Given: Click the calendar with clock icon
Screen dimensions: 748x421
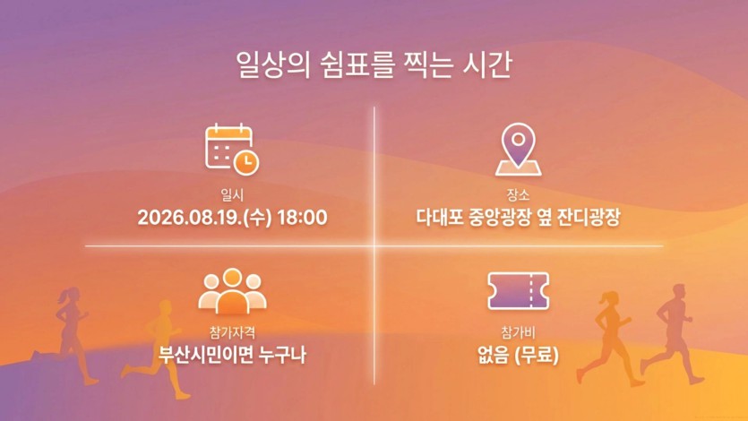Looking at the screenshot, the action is [232, 149].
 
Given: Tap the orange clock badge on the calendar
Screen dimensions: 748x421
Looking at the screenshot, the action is [246, 163].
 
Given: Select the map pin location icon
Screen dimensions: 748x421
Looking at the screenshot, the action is [518, 149].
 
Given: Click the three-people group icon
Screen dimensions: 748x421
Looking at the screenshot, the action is [232, 291].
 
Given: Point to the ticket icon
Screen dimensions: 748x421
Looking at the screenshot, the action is [518, 291].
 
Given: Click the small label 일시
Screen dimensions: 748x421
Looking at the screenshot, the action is [232, 194].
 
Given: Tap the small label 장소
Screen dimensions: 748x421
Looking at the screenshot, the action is [518, 194].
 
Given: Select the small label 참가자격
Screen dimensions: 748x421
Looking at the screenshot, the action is [232, 331].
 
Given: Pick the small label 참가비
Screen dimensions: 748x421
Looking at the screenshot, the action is [518, 331].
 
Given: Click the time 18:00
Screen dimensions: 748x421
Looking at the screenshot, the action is [302, 218].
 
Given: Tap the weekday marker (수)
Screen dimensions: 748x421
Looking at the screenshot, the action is [258, 218].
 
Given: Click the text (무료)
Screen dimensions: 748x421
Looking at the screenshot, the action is [537, 356].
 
